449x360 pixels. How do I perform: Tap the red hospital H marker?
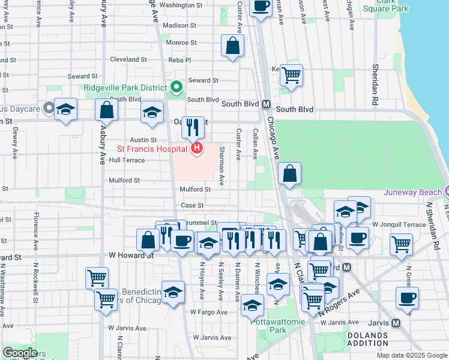(x=196, y=148)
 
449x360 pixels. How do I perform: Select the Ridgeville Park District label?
(x=125, y=88)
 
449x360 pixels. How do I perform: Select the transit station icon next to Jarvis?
(x=395, y=322)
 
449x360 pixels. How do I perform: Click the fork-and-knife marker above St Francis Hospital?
(x=193, y=126)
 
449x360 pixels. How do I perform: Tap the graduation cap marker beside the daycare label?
(x=65, y=109)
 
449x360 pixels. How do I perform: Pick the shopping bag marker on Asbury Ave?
(x=106, y=110)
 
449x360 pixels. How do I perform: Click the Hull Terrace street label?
(x=127, y=161)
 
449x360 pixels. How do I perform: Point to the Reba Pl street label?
(x=179, y=60)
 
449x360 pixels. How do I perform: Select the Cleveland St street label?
(x=128, y=60)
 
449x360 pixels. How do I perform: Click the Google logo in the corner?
(x=19, y=353)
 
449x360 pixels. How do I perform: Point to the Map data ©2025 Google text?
(x=411, y=355)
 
